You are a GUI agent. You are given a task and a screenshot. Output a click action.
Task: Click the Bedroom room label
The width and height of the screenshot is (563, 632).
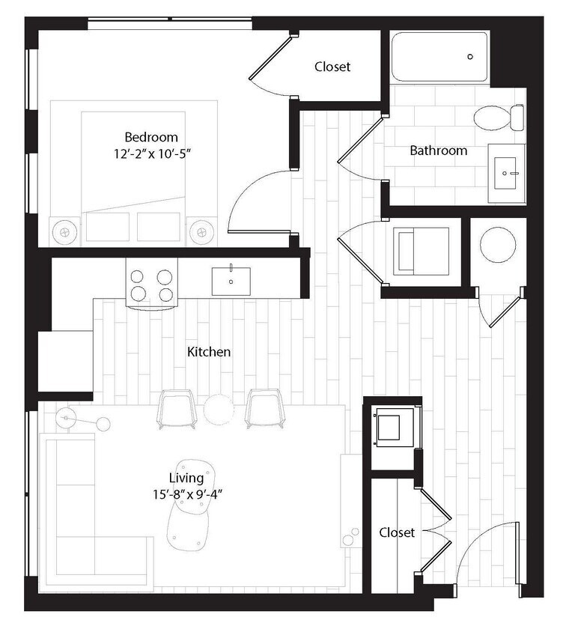(x=151, y=137)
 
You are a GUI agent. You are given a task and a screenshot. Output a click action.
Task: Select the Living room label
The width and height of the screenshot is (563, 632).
(x=186, y=478)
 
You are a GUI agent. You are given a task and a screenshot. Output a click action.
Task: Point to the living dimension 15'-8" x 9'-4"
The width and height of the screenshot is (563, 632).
(x=186, y=493)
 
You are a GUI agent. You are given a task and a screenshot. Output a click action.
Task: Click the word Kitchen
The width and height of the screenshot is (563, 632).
(x=210, y=351)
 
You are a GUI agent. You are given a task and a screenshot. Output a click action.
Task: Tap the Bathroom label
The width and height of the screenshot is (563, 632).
(x=438, y=151)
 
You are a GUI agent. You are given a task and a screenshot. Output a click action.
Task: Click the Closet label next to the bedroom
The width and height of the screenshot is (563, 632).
(x=332, y=67)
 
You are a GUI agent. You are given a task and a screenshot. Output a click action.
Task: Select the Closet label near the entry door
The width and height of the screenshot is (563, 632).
(x=397, y=532)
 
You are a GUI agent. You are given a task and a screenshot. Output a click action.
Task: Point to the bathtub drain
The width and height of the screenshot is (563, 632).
(x=470, y=57)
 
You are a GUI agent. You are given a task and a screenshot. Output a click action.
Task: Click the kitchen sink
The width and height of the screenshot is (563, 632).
(x=231, y=280)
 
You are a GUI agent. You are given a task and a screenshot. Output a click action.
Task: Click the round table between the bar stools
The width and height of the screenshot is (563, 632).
(x=219, y=409)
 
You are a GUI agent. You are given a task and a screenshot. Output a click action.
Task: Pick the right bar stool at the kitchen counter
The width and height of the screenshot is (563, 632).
(x=263, y=409)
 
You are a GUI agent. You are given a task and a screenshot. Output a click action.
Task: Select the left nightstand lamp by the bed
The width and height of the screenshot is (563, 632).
(x=66, y=232)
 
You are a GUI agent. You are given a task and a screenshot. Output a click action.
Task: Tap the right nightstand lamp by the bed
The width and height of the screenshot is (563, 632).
(x=201, y=232)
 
